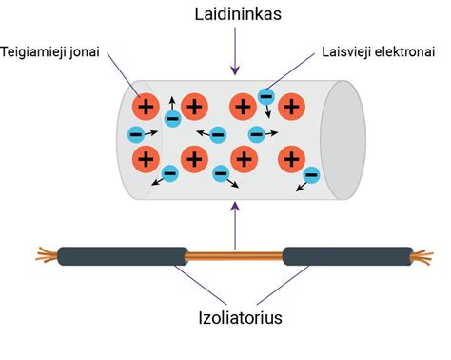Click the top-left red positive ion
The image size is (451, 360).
pyautogui.click(x=147, y=107)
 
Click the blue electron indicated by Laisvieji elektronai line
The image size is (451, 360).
pyautogui.click(x=266, y=96)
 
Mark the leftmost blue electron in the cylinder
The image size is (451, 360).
pyautogui.click(x=136, y=134)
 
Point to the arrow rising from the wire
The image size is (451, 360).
pyautogui.click(x=233, y=219)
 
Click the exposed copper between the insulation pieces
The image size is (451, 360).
pyautogui.click(x=233, y=255)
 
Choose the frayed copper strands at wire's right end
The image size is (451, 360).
pyautogui.click(x=419, y=255)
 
